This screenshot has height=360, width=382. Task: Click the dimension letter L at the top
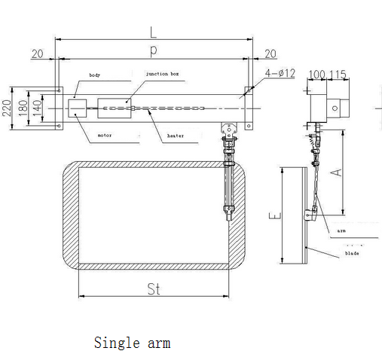pos(153,32)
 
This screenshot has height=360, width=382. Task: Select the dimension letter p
pos(153,49)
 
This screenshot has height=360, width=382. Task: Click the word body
pos(95,76)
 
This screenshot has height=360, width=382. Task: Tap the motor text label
pos(105,136)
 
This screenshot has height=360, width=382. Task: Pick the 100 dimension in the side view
pos(317,75)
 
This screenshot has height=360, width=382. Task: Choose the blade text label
pos(352,254)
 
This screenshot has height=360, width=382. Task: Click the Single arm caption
pos(132,343)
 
